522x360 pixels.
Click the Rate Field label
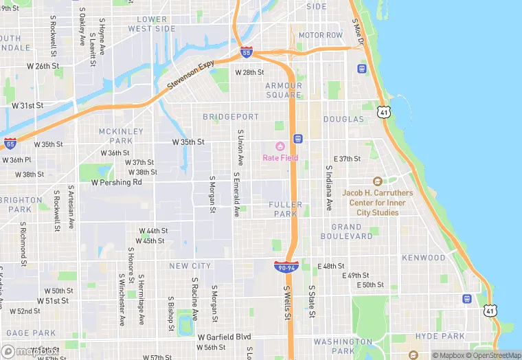(280, 157)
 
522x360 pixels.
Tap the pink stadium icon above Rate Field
(280, 146)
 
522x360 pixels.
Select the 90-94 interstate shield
(286, 266)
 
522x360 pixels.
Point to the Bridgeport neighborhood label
(231, 117)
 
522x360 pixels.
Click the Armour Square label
(283, 90)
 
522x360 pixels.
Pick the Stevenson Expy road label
(191, 76)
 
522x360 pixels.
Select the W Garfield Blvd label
(224, 337)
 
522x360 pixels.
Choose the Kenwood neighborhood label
(424, 258)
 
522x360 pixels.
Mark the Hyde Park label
(441, 336)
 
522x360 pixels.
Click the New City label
(190, 266)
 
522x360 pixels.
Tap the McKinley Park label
(122, 136)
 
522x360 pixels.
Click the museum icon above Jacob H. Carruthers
(376, 181)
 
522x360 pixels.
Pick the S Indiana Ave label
(329, 188)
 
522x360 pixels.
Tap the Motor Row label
(320, 35)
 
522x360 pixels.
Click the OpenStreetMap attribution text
(493, 355)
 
